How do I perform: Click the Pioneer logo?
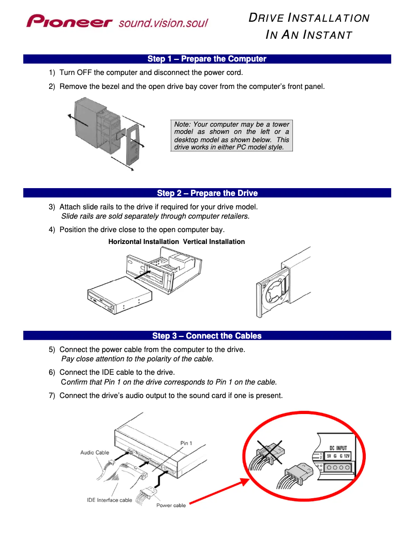pyautogui.click(x=70, y=22)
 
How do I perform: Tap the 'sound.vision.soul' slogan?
pyautogui.click(x=163, y=23)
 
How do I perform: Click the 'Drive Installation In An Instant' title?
pyautogui.click(x=309, y=26)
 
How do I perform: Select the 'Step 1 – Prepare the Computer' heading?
pyautogui.click(x=207, y=59)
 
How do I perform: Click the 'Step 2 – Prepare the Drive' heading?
pyautogui.click(x=207, y=193)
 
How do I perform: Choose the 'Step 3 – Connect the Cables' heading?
pyautogui.click(x=207, y=336)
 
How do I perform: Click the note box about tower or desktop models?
pyautogui.click(x=231, y=136)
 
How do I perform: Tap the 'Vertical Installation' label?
pyautogui.click(x=214, y=242)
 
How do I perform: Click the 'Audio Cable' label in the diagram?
pyautogui.click(x=95, y=453)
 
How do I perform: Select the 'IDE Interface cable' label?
pyautogui.click(x=109, y=500)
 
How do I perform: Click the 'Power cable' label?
pyautogui.click(x=171, y=506)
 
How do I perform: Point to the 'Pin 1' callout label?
pyautogui.click(x=186, y=443)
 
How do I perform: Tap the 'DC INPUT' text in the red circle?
pyautogui.click(x=339, y=448)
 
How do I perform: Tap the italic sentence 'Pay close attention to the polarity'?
pyautogui.click(x=137, y=359)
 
